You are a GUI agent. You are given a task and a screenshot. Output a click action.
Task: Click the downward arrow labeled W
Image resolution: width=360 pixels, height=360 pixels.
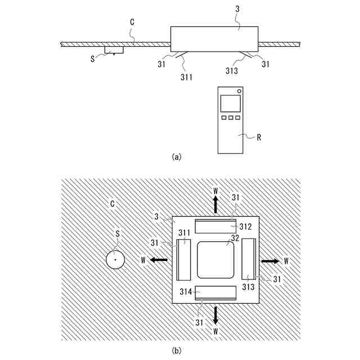click(x=216, y=316)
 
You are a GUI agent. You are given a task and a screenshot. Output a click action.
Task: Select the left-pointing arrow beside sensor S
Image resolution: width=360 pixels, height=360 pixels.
click(x=159, y=260)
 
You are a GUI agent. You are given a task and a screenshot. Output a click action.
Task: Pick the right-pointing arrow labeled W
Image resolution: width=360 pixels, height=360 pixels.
click(x=269, y=261)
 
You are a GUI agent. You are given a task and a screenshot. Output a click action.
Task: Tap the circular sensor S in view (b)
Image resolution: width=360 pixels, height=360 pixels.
click(x=115, y=260)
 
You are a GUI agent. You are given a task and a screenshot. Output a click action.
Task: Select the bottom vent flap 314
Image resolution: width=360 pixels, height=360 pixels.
click(x=216, y=292)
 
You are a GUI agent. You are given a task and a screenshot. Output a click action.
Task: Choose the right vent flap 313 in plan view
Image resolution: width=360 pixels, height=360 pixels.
click(x=249, y=259)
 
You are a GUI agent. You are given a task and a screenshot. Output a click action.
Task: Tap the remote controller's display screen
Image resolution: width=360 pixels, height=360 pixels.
click(x=230, y=103)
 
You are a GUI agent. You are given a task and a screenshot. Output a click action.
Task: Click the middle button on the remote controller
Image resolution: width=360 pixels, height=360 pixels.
click(x=230, y=118)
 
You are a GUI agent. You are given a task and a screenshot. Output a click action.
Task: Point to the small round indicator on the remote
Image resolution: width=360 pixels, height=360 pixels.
click(x=239, y=91)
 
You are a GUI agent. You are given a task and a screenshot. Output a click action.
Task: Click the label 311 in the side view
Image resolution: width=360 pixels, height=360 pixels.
click(x=187, y=76)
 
